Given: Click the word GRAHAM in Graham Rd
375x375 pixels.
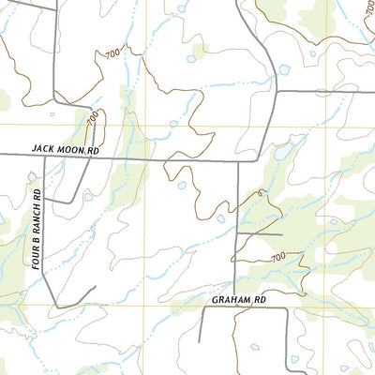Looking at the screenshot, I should pos(224,300).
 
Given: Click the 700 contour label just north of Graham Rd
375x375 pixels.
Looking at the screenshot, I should pos(277,257).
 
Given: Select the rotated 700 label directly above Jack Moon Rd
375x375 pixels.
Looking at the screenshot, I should pos(92,119).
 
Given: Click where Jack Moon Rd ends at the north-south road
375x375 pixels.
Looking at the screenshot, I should pos(238,161).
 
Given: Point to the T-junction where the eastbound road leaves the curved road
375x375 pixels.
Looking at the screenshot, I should pos(277,91).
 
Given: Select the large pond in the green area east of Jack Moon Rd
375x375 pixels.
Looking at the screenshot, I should pos(281,152).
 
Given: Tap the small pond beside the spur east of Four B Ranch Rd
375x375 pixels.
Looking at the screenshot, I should pos(87,197).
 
